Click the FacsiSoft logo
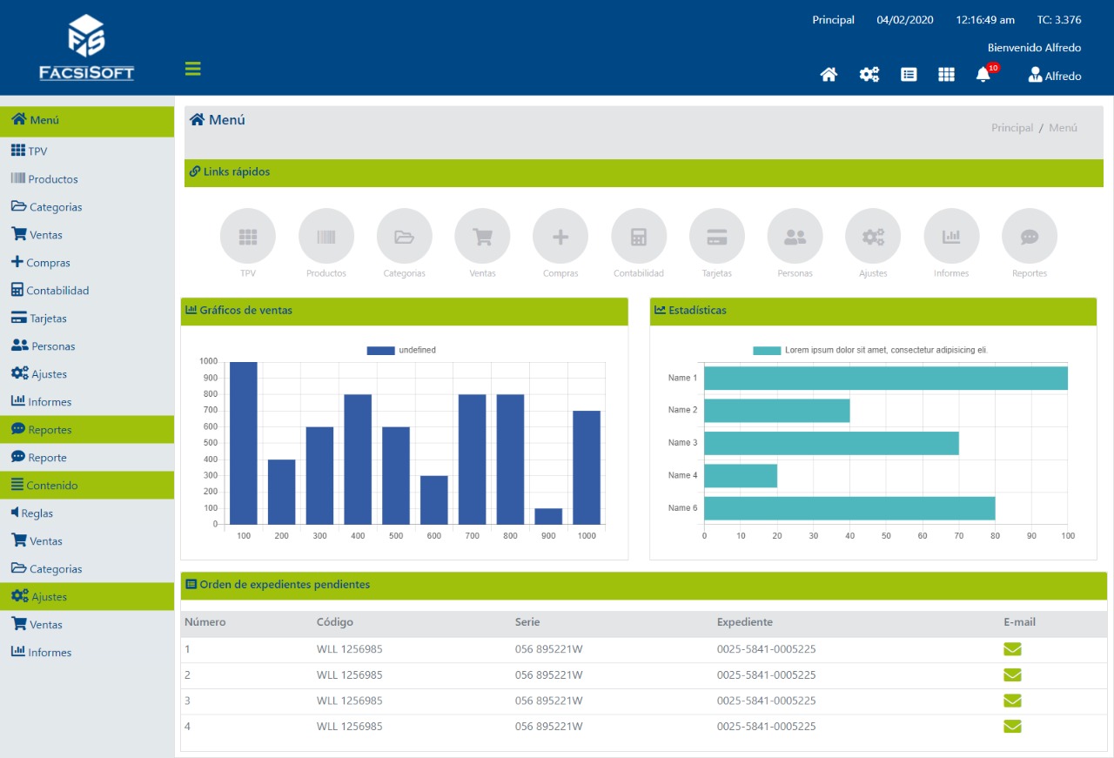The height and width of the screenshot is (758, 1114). pos(86,47)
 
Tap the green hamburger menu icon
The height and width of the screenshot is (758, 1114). pos(193,69)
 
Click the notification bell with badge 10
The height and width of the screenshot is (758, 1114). pos(983,74)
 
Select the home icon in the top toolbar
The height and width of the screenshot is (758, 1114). pos(829,75)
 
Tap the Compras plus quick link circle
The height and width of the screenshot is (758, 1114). pos(560,236)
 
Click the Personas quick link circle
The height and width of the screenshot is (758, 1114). pos(795,236)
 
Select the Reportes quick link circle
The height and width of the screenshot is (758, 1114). pos(1030,236)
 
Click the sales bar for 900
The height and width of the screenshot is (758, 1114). pos(548,516)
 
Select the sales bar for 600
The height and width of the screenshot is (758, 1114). pos(434,500)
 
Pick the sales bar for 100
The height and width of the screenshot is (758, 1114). pos(244,443)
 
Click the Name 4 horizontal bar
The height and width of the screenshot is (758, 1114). pos(741,476)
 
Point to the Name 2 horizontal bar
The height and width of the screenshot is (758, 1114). pos(777,411)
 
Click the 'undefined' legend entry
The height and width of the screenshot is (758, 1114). pos(401,350)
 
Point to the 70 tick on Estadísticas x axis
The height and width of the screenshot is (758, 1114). pos(959,536)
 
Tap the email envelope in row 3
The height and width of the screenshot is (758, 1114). pos(1012,701)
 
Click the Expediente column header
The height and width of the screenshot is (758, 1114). pos(744,621)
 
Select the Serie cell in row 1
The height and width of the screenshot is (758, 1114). pos(548,649)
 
